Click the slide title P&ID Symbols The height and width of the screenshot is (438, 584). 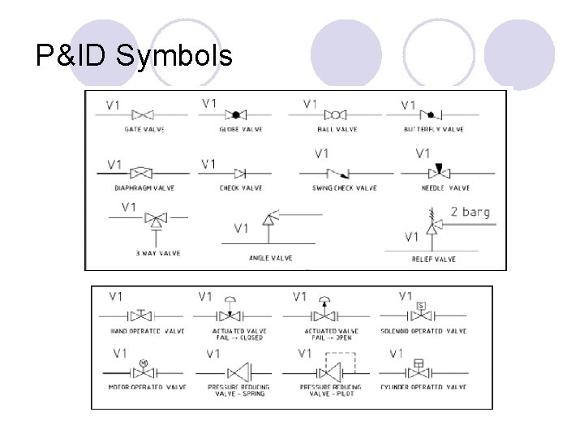(x=135, y=55)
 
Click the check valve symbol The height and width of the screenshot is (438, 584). (x=240, y=173)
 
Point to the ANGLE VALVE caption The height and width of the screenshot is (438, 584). (x=270, y=259)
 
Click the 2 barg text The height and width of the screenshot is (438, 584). (x=470, y=213)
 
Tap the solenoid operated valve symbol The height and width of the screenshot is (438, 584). (x=421, y=314)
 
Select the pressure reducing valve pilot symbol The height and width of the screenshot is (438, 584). (x=328, y=371)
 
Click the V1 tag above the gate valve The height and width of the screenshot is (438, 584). (x=114, y=105)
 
